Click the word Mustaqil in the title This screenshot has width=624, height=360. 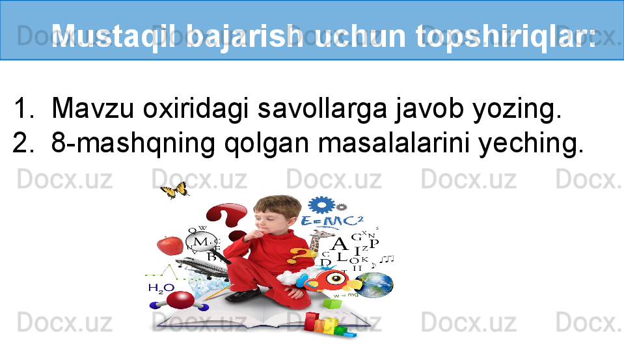(114, 36)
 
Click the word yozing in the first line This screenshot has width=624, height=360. (513, 109)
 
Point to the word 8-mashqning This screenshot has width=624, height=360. (133, 143)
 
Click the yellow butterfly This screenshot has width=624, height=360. (174, 190)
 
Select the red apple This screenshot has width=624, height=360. (170, 245)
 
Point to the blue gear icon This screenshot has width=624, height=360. (321, 204)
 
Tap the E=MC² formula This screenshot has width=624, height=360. (332, 221)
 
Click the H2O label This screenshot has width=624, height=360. (161, 288)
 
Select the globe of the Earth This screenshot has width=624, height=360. (374, 285)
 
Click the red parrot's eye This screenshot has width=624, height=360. (336, 278)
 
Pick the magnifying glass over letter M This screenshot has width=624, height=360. (200, 242)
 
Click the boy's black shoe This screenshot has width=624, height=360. (242, 296)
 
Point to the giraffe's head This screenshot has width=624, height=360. (320, 235)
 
